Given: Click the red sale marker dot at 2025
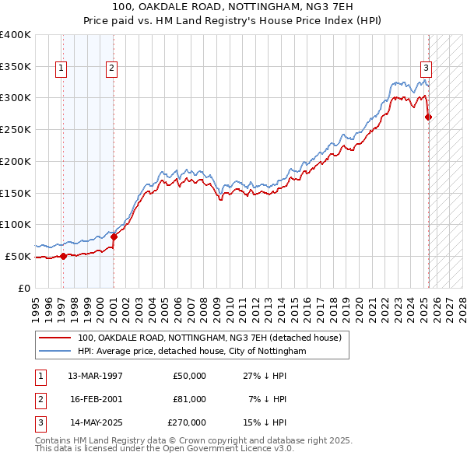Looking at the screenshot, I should [428, 117].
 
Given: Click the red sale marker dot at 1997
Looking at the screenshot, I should [63, 256].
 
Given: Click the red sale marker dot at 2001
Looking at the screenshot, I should [114, 237].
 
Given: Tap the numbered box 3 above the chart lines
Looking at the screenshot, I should [427, 67].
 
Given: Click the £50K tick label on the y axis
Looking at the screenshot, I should [18, 256].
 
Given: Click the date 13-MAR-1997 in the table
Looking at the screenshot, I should [95, 376].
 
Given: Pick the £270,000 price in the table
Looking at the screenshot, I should [186, 422].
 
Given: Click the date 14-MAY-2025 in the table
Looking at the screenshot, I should [95, 422].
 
